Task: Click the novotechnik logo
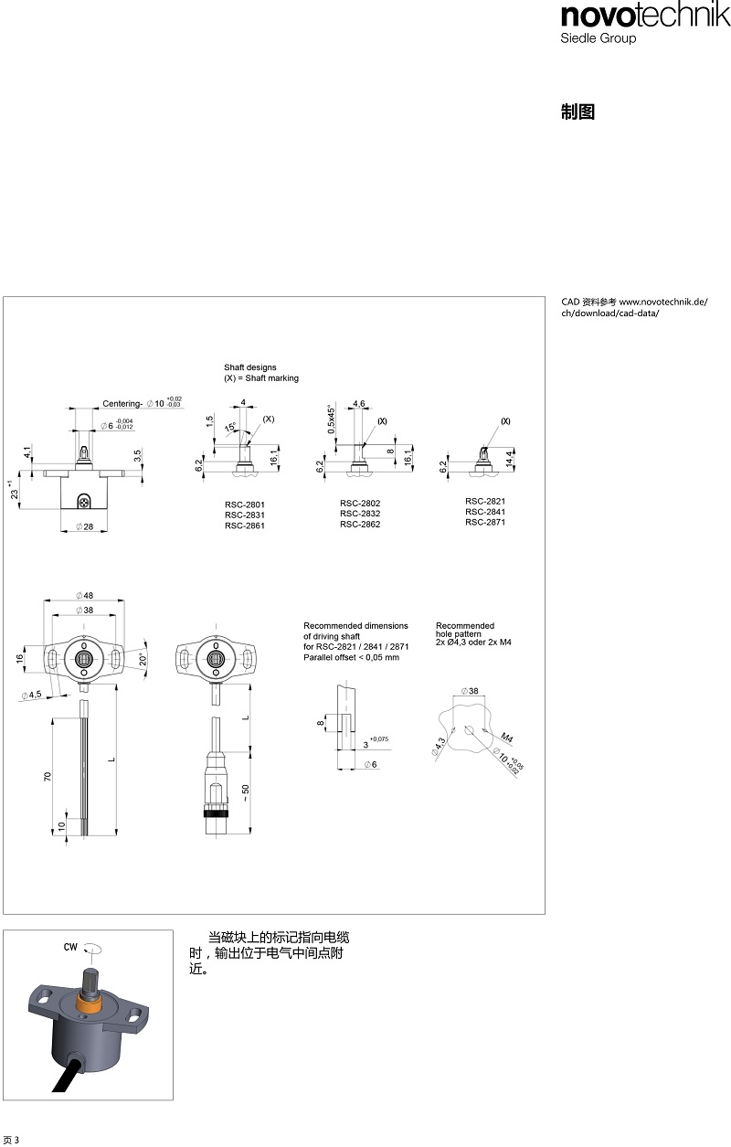[x=645, y=16]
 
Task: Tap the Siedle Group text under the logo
[x=598, y=38]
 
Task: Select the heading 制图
[x=577, y=112]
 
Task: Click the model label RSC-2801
[x=245, y=504]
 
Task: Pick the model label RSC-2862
[x=360, y=525]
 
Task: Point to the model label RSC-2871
[x=485, y=522]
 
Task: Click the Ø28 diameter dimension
[x=84, y=526]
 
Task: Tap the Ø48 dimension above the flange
[x=84, y=596]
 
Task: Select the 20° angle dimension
[x=143, y=660]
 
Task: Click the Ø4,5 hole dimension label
[x=32, y=695]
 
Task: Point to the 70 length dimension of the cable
[x=48, y=777]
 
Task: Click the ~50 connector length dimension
[x=245, y=792]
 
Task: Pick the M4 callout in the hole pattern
[x=506, y=738]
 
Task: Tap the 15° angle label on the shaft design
[x=230, y=427]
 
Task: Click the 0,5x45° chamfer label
[x=332, y=420]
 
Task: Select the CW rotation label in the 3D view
[x=70, y=947]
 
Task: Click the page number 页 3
[x=11, y=1140]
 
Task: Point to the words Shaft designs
[x=249, y=367]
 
